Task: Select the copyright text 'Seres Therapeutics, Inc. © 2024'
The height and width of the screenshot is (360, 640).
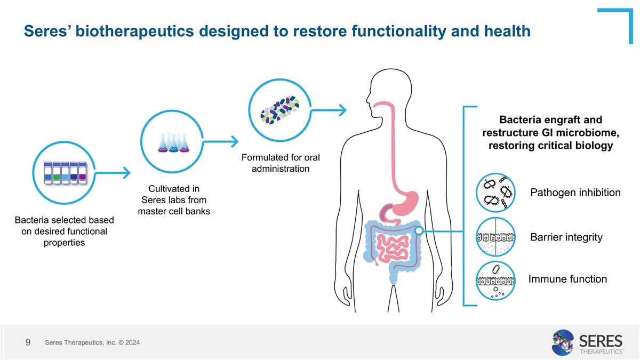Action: click(92, 342)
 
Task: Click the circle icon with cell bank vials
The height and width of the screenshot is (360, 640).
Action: click(64, 172)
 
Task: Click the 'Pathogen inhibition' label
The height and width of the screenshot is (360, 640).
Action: click(575, 193)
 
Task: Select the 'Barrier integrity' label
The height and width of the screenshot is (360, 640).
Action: click(566, 237)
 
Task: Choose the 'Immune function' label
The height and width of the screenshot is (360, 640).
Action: click(567, 279)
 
